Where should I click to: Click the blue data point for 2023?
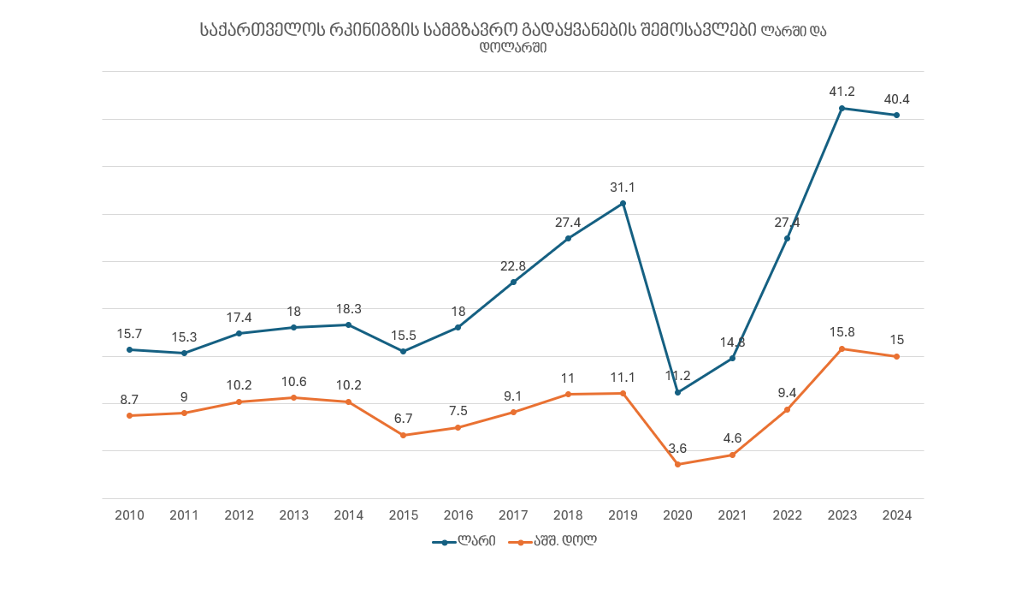coord(842,109)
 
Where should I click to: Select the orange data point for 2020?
coord(677,464)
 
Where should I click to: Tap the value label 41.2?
coord(842,92)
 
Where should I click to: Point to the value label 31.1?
coord(623,187)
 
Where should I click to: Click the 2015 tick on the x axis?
coord(404,515)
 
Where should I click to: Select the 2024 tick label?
coord(896,515)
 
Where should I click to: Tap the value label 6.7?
coord(404,419)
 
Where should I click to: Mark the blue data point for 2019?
coord(623,204)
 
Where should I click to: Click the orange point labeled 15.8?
coord(842,348)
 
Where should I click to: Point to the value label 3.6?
coord(677,448)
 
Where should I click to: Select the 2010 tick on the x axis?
coord(129,515)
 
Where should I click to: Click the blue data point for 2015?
coord(404,351)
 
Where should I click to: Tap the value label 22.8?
coord(513,265)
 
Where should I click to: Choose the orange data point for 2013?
coord(293,397)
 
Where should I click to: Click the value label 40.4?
coord(896,99)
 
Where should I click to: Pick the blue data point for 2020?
coord(677,392)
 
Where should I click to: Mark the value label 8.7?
coord(129,399)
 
